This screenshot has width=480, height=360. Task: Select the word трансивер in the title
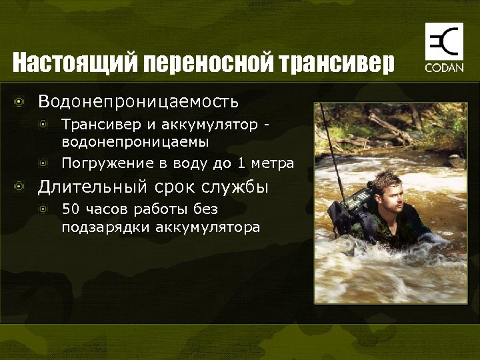337,64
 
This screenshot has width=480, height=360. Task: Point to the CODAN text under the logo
444,69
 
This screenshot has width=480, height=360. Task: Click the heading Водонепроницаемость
138,102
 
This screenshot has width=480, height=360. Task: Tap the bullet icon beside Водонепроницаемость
21,102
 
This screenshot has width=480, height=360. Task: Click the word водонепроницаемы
135,141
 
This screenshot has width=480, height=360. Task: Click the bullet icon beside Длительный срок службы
21,187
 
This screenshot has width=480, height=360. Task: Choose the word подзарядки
106,227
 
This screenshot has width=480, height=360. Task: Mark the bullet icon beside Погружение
43,163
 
